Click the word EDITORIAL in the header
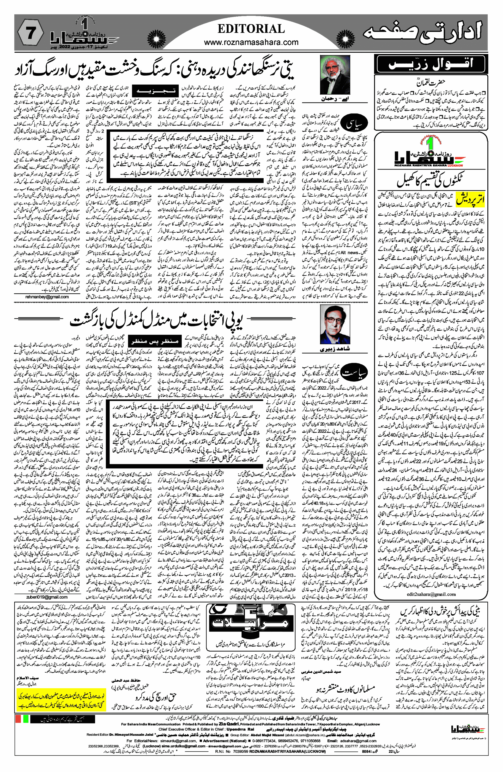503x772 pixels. coord(251,29)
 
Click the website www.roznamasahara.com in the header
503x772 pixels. coord(251,42)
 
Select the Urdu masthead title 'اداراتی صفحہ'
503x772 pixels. coord(422,33)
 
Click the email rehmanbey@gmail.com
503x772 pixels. coord(47,296)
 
